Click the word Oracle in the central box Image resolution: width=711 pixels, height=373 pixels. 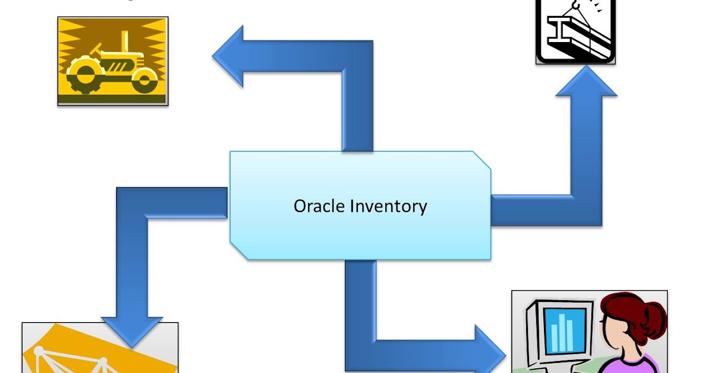319,206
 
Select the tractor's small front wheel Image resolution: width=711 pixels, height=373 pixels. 144,80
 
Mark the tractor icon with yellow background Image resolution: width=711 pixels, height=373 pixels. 113,61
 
